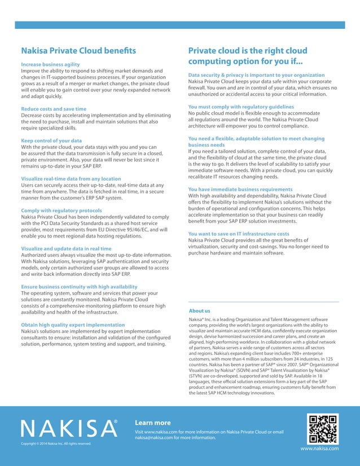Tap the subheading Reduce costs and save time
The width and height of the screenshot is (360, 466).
[54, 109]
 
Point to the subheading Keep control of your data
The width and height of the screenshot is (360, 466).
[51, 140]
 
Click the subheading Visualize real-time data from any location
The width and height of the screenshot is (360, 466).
[71, 179]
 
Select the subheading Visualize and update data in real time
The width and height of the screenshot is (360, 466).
[66, 248]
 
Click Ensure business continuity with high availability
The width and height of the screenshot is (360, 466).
[78, 287]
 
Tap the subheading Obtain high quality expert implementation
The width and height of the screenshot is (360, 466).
[73, 325]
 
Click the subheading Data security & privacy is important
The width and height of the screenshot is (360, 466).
[256, 74]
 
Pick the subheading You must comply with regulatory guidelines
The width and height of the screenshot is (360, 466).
[241, 107]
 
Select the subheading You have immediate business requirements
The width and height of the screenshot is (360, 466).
[240, 189]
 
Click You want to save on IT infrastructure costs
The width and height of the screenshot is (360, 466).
[238, 234]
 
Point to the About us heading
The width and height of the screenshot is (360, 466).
[199, 311]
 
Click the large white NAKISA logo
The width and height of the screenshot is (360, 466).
[69, 429]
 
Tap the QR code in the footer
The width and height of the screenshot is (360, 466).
[323, 428]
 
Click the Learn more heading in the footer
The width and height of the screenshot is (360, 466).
[153, 423]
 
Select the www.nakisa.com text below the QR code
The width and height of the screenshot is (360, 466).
[319, 448]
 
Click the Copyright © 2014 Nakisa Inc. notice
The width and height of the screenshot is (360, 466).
[56, 443]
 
